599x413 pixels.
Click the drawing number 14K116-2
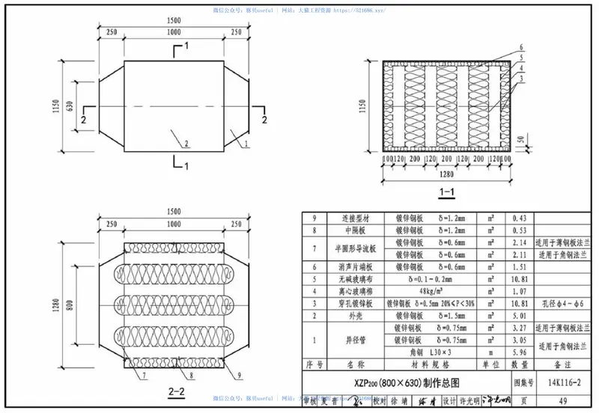pyautogui.click(x=561, y=382)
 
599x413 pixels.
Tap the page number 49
pyautogui.click(x=561, y=400)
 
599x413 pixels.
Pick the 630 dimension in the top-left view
pyautogui.click(x=70, y=105)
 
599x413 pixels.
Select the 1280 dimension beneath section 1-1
pyautogui.click(x=447, y=177)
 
